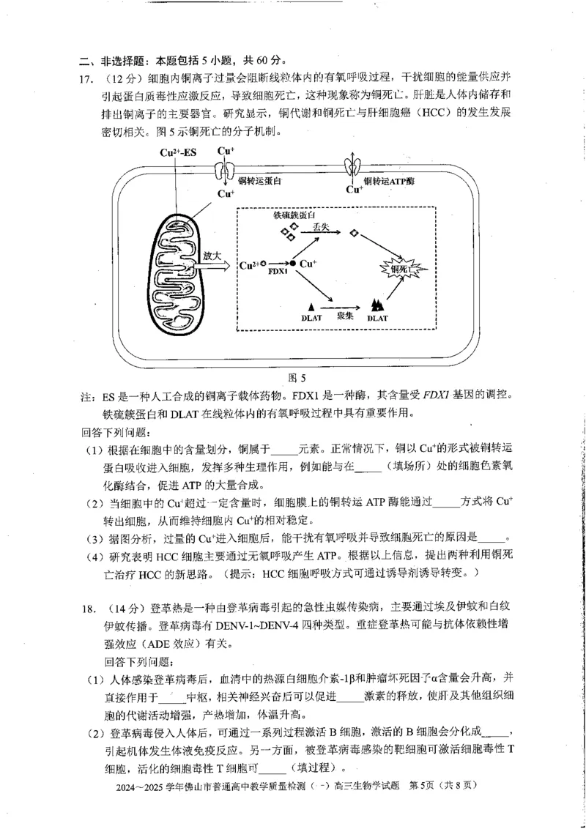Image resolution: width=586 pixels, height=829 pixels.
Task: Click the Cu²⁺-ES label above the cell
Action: [178, 152]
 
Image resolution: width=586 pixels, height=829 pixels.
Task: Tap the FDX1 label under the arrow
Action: [278, 272]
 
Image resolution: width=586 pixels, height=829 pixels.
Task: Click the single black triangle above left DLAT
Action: [312, 305]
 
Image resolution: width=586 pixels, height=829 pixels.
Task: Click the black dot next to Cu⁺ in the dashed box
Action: [293, 262]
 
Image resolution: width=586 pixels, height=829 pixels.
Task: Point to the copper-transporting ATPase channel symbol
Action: [354, 167]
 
